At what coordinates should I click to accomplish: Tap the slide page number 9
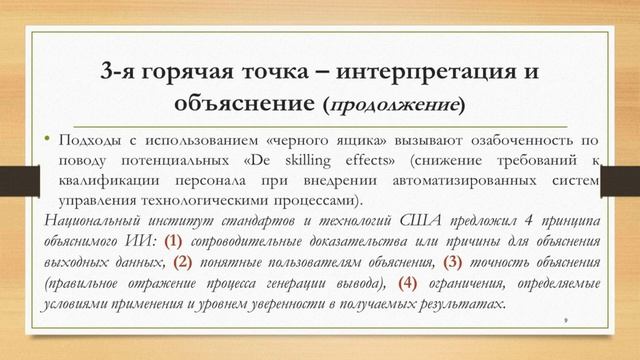pyautogui.click(x=566, y=321)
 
